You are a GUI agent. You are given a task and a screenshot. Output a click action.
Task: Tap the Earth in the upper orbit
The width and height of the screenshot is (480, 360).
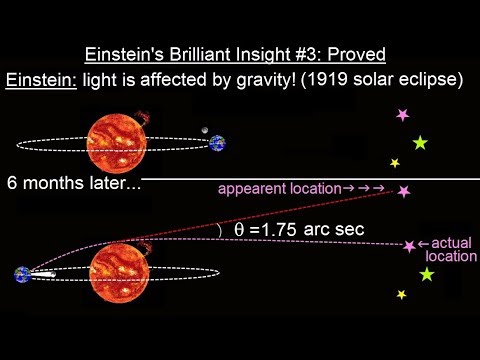(218, 143)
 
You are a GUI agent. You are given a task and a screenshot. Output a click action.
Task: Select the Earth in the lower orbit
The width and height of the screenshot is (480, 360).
(22, 275)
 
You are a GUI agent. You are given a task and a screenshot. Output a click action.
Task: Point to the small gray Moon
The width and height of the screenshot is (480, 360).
(204, 130)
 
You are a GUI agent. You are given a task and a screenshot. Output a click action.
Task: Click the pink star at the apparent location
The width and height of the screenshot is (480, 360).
(404, 190)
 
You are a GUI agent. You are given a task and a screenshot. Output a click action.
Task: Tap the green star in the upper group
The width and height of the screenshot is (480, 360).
(420, 143)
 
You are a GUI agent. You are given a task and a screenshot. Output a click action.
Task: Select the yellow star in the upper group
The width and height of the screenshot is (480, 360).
(394, 163)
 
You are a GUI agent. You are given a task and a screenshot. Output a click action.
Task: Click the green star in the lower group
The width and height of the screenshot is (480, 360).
(428, 274)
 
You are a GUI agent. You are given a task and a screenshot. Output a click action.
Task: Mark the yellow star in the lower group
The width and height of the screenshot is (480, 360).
(401, 294)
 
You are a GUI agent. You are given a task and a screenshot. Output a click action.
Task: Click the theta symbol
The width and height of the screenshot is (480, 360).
(238, 230)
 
